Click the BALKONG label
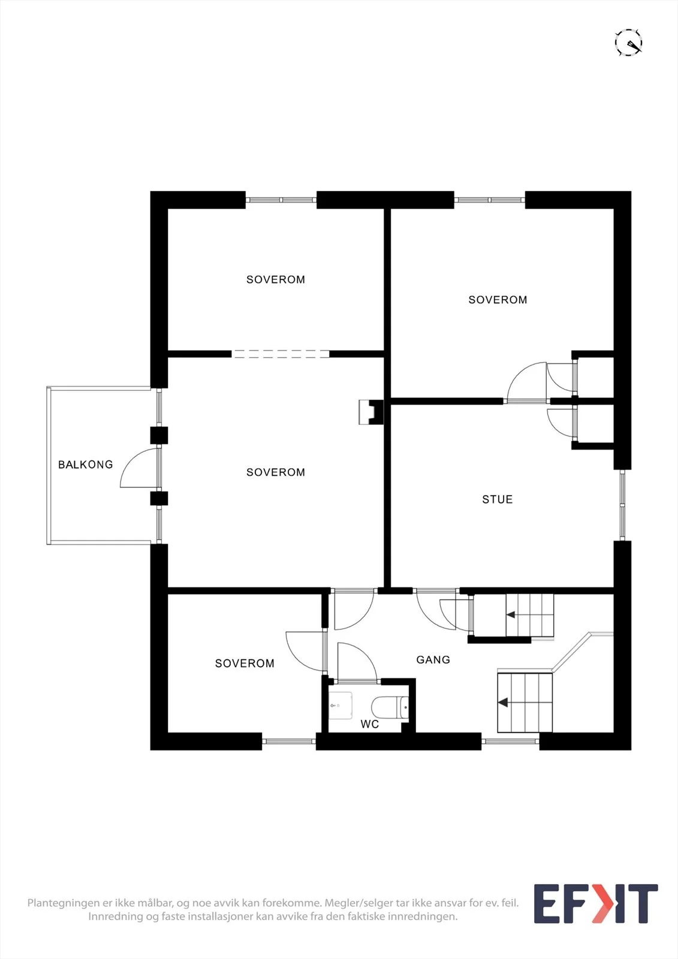click(86, 465)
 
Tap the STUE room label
click(497, 499)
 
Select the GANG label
click(433, 660)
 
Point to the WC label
click(370, 724)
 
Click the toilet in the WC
click(390, 707)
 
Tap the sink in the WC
click(341, 705)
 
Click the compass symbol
click(628, 43)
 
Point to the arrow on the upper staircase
click(511, 615)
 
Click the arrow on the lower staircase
click(503, 702)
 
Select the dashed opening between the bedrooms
click(281, 354)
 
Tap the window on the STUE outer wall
click(622, 505)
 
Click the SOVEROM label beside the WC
click(245, 663)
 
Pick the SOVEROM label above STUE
click(498, 300)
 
